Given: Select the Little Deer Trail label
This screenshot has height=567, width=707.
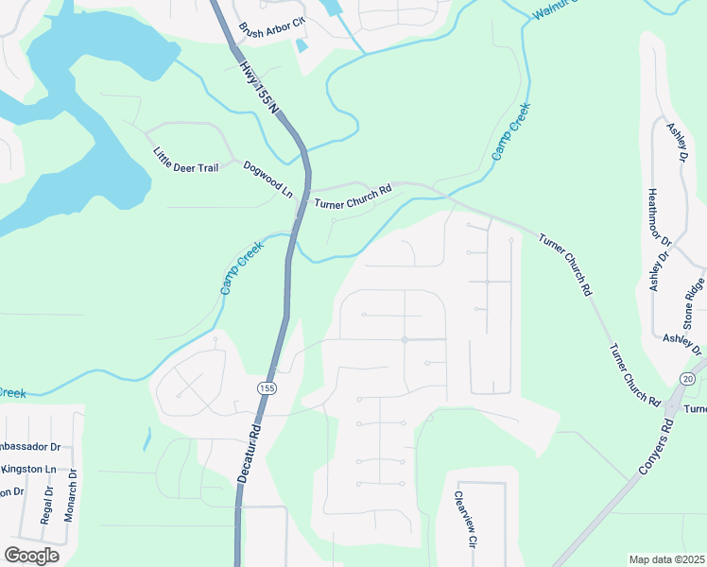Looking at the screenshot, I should coord(185,160).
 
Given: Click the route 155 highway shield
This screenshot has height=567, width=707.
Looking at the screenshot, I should coord(268,387).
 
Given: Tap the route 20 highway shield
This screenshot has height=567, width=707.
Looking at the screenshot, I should coord(686,379).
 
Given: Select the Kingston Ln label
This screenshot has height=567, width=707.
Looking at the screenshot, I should coord(28,469).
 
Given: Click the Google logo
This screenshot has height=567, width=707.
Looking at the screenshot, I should coord(31,556).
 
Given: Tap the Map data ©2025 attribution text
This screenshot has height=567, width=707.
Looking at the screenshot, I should coord(665,559).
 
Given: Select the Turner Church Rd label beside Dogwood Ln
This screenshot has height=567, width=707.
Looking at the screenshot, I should coord(353,198).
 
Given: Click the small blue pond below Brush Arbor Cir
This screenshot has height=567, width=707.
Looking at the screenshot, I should coord(302,44).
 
